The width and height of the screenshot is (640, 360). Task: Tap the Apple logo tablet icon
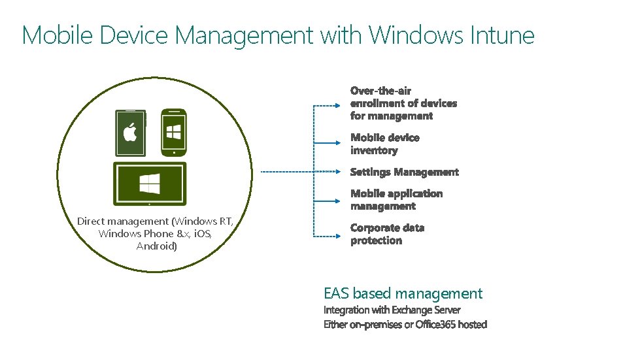(x=131, y=133)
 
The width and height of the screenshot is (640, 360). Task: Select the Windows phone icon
(x=174, y=133)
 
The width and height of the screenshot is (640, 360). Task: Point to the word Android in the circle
(x=157, y=246)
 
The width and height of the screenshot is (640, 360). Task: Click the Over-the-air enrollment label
(x=403, y=103)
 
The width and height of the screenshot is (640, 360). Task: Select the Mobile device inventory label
(x=384, y=144)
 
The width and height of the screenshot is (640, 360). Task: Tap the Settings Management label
(x=404, y=172)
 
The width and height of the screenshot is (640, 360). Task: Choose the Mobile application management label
(x=396, y=199)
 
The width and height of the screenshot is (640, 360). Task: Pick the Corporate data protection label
(x=387, y=234)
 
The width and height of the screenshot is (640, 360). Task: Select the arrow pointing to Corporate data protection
(x=327, y=235)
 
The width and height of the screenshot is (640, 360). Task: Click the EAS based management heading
(x=403, y=293)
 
